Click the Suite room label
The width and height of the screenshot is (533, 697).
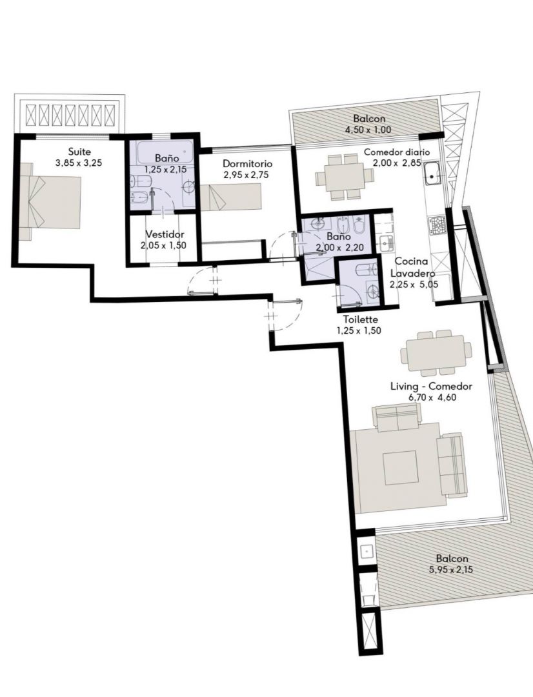(x=79, y=152)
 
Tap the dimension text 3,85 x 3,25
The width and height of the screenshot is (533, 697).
(x=79, y=163)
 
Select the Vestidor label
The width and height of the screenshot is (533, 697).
(x=165, y=234)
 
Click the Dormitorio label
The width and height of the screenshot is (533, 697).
(x=248, y=163)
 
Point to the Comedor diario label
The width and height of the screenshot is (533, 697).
(x=397, y=152)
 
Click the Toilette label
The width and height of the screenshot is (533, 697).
(x=361, y=319)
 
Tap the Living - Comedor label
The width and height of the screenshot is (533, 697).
(x=431, y=387)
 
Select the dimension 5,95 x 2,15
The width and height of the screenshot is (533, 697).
(x=452, y=570)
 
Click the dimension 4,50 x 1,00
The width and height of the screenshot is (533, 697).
(x=368, y=130)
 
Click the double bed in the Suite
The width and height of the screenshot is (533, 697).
(x=50, y=201)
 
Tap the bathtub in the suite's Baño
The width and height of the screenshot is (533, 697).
(x=165, y=152)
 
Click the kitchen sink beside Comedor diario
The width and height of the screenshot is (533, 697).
(x=433, y=174)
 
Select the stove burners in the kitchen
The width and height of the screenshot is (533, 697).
(x=437, y=226)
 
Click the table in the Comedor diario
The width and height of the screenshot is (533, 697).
(x=345, y=176)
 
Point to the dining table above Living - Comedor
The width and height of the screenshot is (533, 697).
(x=436, y=353)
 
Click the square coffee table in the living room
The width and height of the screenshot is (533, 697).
(x=401, y=467)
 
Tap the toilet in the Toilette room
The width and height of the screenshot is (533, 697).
(x=367, y=269)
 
